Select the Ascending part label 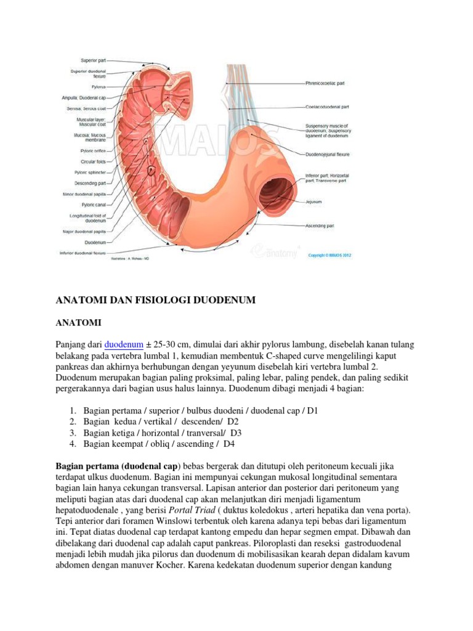[x=320, y=226]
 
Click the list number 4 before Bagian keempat [x=72, y=444]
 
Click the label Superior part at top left [x=93, y=60]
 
